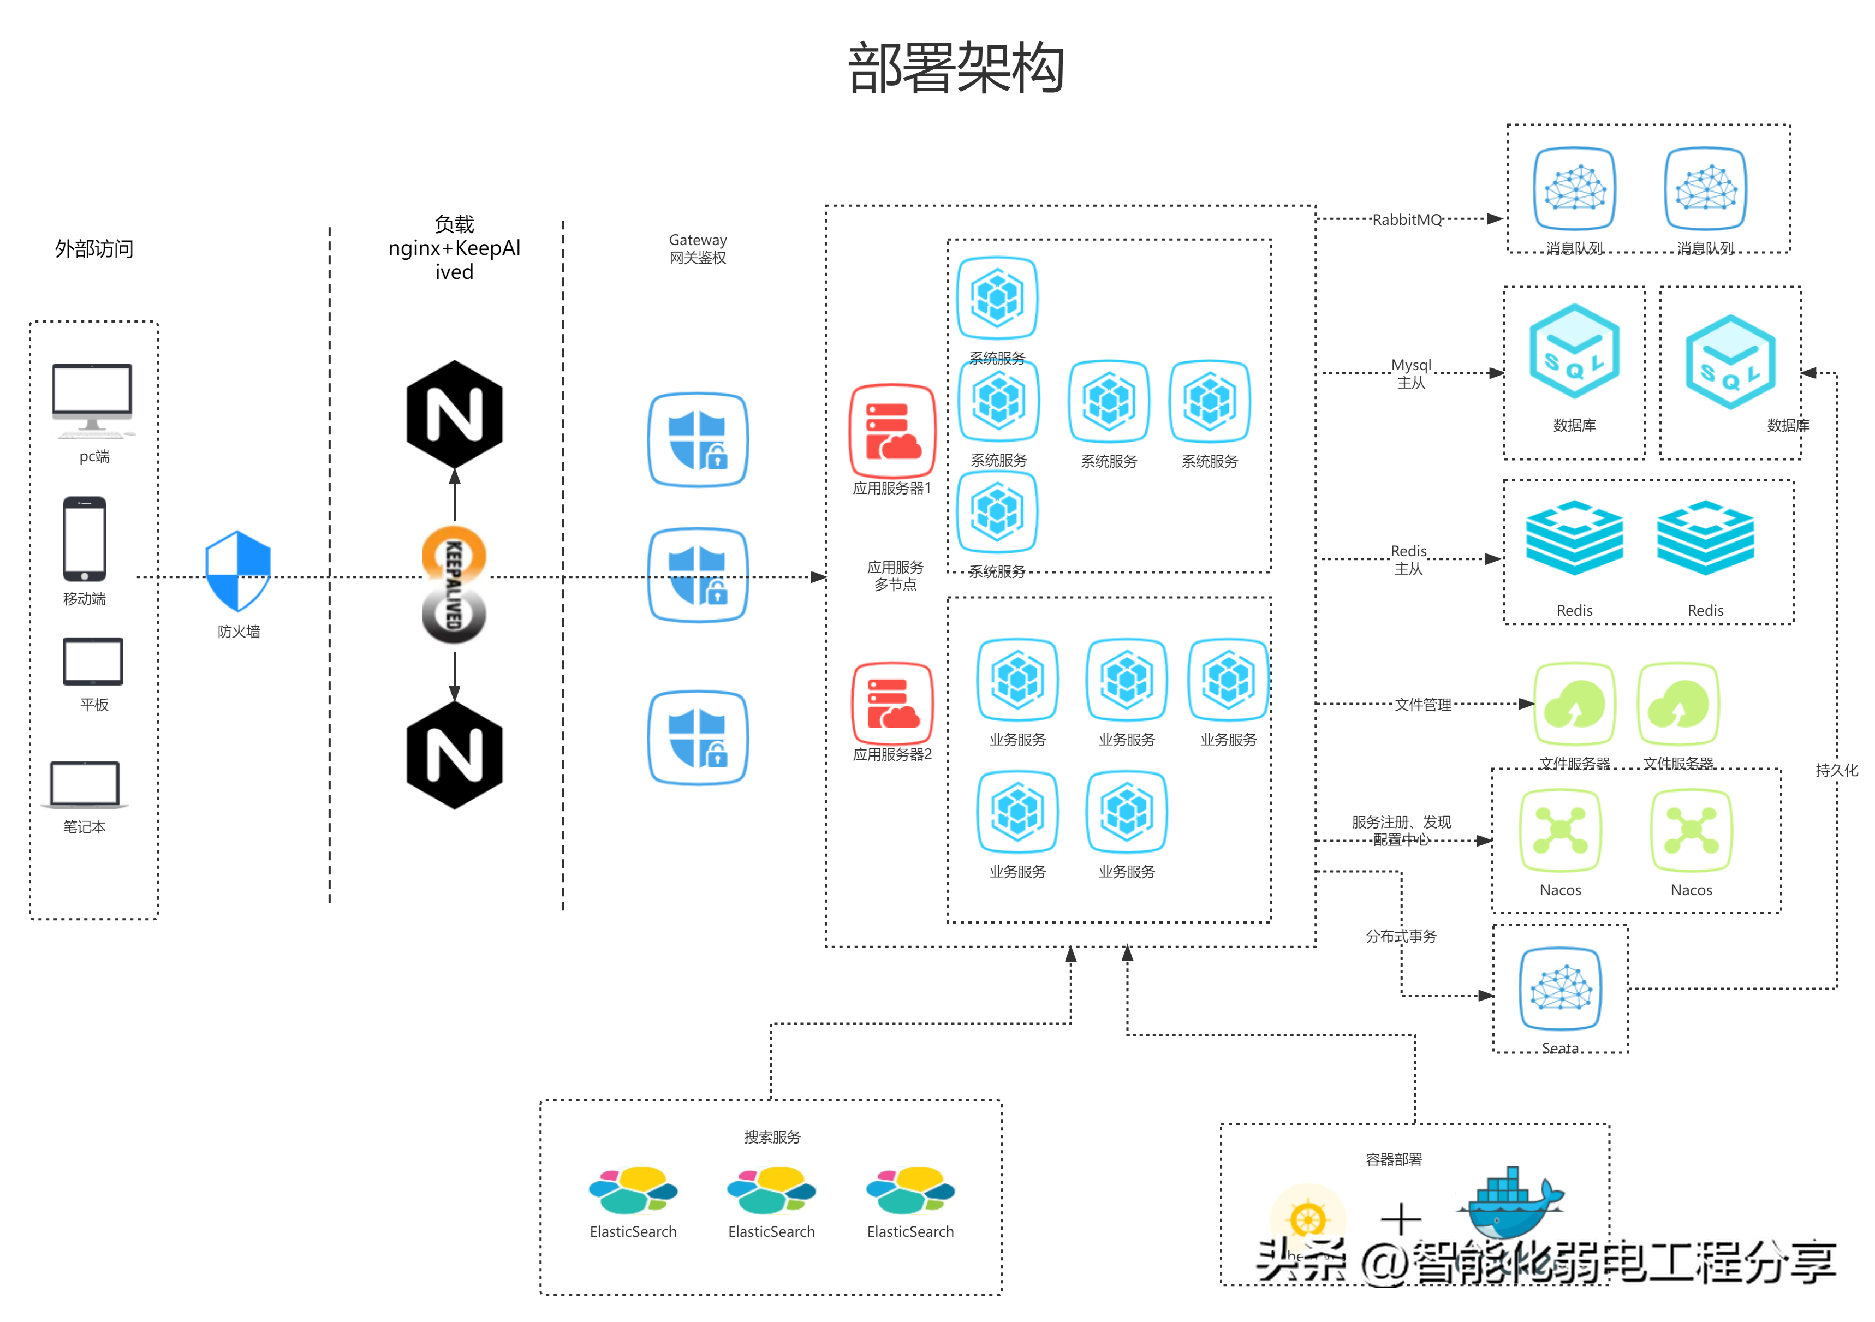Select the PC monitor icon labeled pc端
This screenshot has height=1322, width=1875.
(92, 398)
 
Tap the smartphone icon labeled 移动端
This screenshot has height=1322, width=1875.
(85, 538)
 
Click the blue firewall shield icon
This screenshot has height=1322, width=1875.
(237, 571)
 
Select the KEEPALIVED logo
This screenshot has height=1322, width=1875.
(454, 586)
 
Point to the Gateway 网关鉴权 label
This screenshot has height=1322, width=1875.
(698, 249)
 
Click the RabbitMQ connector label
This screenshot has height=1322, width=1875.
(1406, 219)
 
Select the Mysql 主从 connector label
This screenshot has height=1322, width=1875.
(1410, 373)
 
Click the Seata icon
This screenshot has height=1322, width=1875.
(1561, 988)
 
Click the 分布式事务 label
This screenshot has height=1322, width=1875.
(1401, 936)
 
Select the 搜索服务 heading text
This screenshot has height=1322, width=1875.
(772, 1136)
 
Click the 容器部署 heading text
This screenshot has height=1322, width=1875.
(1393, 1159)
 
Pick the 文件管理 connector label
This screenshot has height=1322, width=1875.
(1422, 704)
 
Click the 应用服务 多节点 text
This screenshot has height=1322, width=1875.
(895, 576)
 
